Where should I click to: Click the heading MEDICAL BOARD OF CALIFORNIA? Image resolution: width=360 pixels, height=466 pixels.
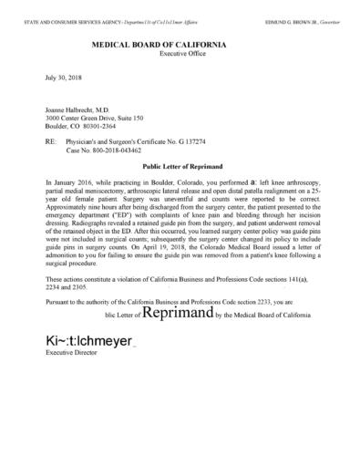pos(179,44)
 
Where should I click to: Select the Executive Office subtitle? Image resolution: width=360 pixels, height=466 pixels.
pos(179,55)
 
